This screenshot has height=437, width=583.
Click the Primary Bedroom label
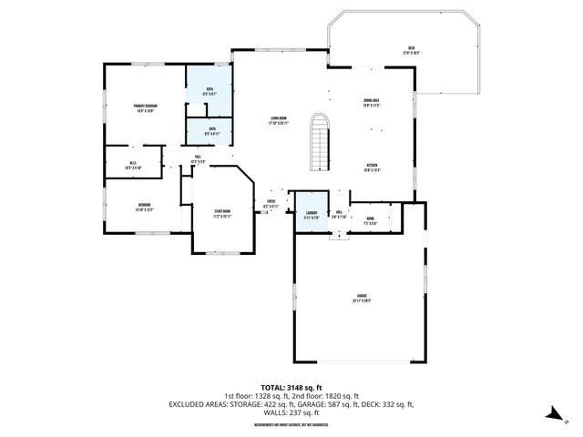click(x=145, y=108)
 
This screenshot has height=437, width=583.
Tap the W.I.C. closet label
click(x=132, y=165)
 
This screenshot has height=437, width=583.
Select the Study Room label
click(x=222, y=215)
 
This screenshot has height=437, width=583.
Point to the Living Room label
click(x=278, y=119)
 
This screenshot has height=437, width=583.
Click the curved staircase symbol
click(x=318, y=141)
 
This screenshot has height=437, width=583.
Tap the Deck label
click(x=411, y=50)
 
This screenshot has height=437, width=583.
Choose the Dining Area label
click(x=371, y=103)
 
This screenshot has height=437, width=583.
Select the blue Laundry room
click(x=310, y=214)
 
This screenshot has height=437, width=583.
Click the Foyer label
click(x=271, y=204)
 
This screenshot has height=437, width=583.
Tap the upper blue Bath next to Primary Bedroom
click(x=210, y=90)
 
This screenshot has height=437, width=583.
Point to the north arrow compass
click(x=552, y=415)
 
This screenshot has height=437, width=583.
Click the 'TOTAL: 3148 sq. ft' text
click(x=291, y=387)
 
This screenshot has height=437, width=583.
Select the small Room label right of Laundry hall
click(x=371, y=219)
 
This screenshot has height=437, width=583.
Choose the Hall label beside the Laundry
click(x=338, y=215)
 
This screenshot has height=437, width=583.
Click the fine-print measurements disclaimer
click(x=291, y=423)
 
